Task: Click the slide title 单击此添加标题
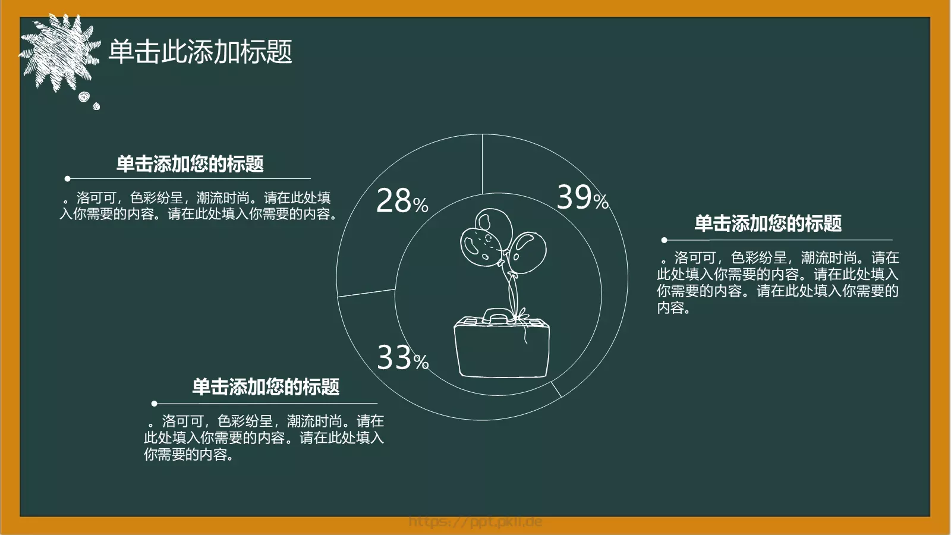point(200,52)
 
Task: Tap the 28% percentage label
point(402,201)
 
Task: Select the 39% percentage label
point(582,197)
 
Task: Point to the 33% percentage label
point(402,358)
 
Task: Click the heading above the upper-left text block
point(190,164)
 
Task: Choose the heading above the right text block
point(768,224)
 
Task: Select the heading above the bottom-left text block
point(266,387)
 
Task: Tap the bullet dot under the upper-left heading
point(68,178)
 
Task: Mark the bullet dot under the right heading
point(665,240)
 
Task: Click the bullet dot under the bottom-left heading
point(155,404)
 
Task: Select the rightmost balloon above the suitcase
point(528,253)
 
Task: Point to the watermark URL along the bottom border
point(475,522)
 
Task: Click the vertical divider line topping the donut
point(482,164)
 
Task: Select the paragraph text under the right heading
point(777,282)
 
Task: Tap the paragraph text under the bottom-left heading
point(264,438)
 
